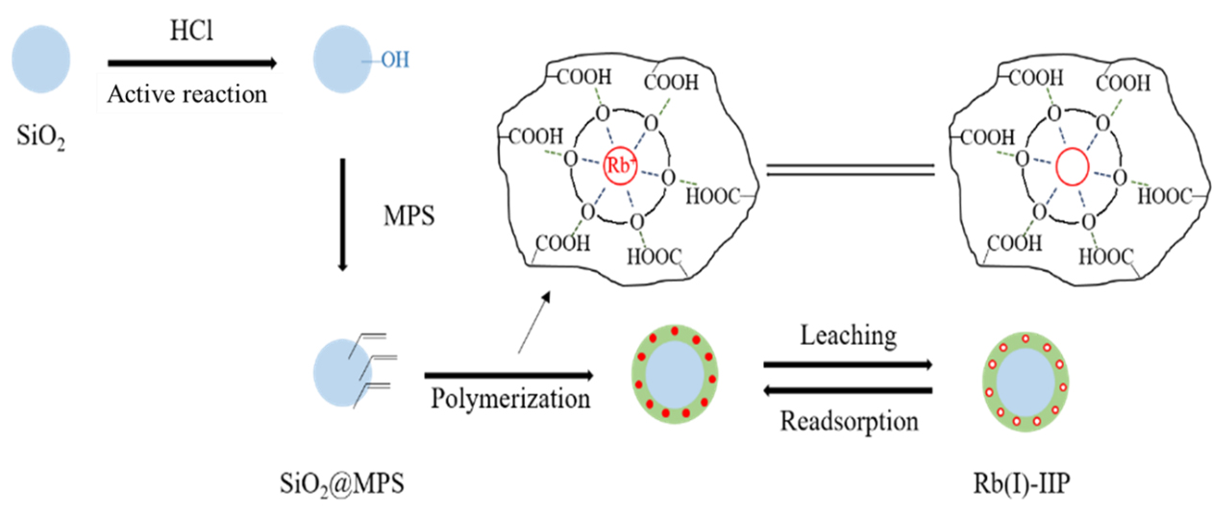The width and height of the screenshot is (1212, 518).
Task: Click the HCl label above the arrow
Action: coord(189,33)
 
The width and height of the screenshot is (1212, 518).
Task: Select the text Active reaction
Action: coord(188,94)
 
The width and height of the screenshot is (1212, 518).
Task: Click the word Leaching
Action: coord(847,335)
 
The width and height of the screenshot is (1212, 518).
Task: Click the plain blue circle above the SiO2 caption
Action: coord(40,58)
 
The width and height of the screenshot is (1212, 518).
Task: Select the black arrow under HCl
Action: coord(192,63)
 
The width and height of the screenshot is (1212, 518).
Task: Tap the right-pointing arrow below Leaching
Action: coord(847,365)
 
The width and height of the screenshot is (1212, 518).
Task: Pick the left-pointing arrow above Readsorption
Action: coord(847,390)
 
